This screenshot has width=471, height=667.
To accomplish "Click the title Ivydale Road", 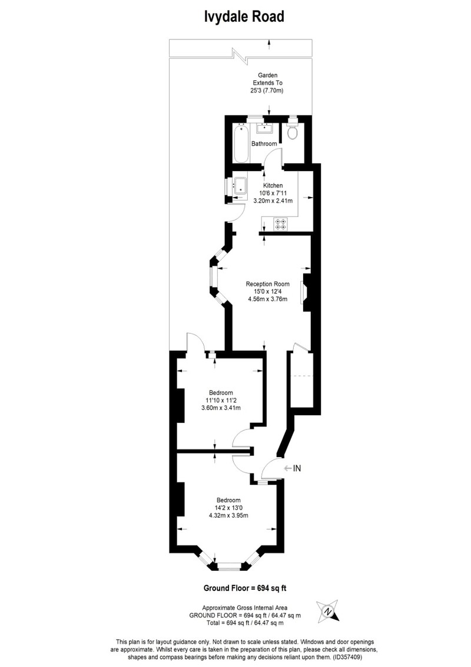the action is pos(244,17).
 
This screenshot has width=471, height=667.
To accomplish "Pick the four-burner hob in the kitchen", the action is pos(281,224).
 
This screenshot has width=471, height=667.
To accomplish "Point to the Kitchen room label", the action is pos(273,185).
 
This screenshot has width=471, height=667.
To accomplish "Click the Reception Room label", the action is pos(267,284).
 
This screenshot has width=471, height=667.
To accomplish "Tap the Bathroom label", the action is pos(264,144).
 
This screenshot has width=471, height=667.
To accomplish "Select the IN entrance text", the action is pos(297,468).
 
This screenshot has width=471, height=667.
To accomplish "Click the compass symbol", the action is pos(327,611).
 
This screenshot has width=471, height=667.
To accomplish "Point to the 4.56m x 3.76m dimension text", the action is pos(267,299).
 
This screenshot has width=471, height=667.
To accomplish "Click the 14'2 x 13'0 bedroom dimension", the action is pos(228,508).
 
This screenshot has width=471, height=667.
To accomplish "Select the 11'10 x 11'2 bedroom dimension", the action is pos(221,400).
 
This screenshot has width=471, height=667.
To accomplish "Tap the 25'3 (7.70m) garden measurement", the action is pos(267,91).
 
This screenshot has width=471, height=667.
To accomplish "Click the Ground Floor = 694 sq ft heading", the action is pos(245,589).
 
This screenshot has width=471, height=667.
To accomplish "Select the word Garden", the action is pos(267,75).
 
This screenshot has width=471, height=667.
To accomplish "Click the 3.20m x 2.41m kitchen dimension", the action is pos(273,201).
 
